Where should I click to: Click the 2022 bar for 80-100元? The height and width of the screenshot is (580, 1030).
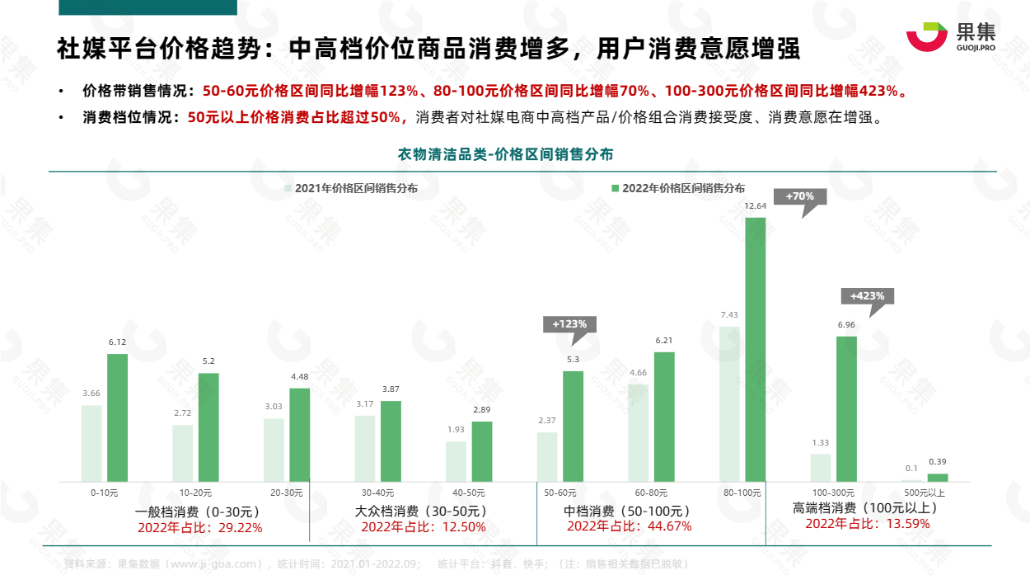756,349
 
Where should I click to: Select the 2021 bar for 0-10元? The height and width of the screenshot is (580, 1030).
91,443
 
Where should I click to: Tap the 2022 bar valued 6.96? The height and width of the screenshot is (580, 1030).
846,408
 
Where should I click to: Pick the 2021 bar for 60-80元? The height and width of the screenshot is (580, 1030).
638,432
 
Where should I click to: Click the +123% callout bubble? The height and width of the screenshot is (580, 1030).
569,324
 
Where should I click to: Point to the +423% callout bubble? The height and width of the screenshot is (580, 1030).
867,296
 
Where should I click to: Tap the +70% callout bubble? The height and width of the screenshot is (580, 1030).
799,197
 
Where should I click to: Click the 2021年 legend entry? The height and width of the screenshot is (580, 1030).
351,188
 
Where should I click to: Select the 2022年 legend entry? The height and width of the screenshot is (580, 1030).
677,188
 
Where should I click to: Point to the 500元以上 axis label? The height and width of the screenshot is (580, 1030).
925,493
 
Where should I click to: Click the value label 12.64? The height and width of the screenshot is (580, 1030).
756,205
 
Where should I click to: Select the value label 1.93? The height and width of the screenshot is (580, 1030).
456,430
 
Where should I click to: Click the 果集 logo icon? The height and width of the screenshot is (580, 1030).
927,36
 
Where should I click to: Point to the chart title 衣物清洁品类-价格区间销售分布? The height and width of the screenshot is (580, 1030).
505,154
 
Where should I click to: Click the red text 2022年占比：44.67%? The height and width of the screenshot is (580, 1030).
629,526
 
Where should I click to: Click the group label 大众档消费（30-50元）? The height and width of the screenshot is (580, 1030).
423,512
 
